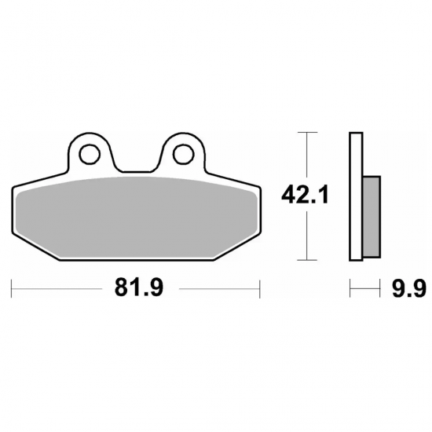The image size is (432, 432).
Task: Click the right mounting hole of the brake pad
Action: (183, 151)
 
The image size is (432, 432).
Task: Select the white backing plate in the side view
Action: (355, 196)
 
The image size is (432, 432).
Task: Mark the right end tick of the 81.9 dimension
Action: (259, 289)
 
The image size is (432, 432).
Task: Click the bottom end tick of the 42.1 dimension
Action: (305, 261)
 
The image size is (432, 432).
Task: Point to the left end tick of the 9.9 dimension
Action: (350, 289)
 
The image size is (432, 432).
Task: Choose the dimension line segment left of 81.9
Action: (59, 289)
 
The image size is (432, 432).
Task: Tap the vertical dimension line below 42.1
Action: (305, 236)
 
